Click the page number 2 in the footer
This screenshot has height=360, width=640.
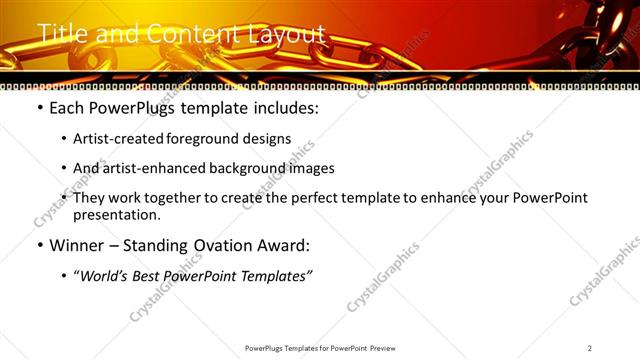click(590, 348)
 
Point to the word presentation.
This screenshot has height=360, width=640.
click(117, 215)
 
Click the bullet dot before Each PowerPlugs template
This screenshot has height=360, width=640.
click(39, 108)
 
